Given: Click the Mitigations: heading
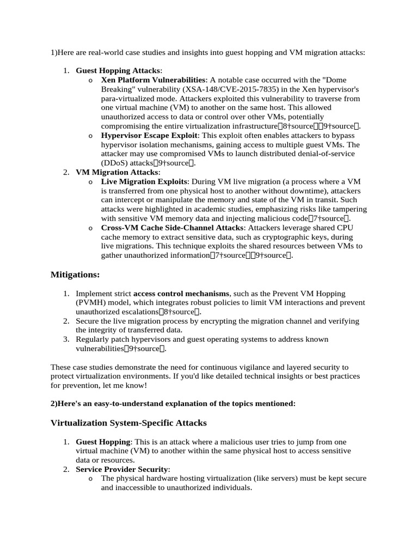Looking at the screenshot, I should [75, 275].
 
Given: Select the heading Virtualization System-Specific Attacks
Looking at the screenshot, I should [128, 422].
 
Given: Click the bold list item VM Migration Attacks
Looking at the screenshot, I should [116, 172].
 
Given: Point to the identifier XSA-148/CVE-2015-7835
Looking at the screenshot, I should [231, 89].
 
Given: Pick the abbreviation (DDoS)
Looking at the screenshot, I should [116, 162].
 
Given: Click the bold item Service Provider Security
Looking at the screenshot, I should [122, 469].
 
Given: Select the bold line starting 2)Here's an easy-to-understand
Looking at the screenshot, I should [173, 403].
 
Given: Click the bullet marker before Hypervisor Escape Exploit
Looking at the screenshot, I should [90, 135].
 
